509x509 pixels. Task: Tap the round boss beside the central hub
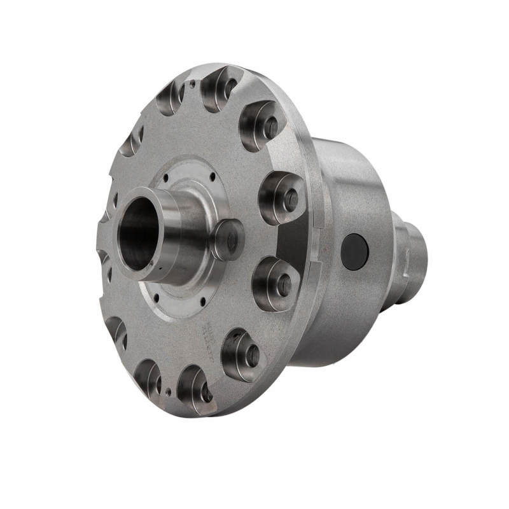228,238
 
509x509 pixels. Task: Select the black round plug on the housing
355,251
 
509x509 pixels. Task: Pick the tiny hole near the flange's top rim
190,81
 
